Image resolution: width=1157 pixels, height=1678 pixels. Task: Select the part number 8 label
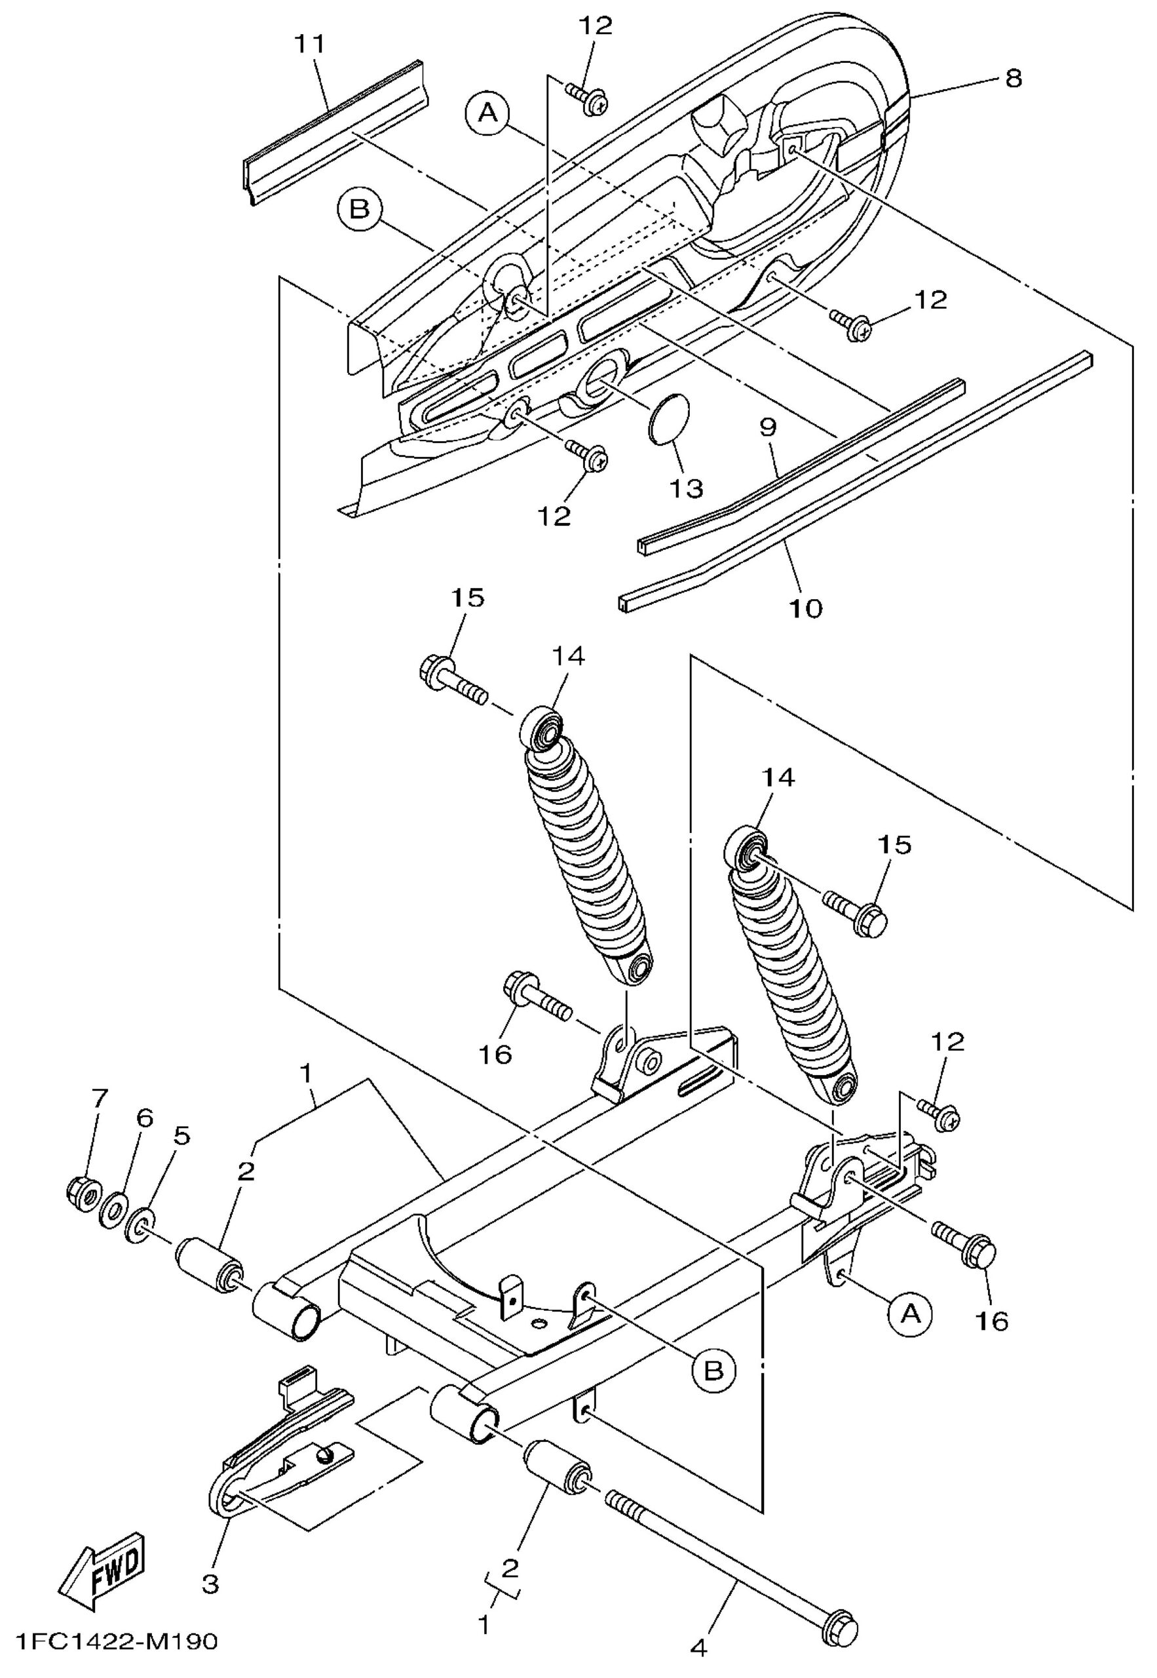(1013, 77)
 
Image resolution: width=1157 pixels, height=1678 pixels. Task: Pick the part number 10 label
(806, 608)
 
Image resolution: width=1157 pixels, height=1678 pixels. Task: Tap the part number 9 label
(768, 428)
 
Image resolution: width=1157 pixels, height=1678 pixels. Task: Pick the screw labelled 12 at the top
(588, 100)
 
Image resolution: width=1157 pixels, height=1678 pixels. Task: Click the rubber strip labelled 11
(334, 134)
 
